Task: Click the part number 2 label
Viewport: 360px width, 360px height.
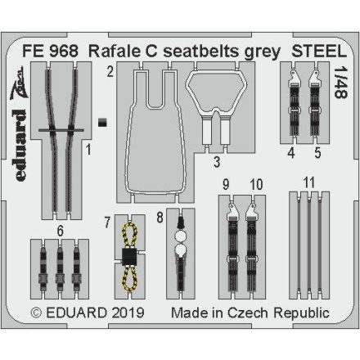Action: pyautogui.click(x=109, y=72)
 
